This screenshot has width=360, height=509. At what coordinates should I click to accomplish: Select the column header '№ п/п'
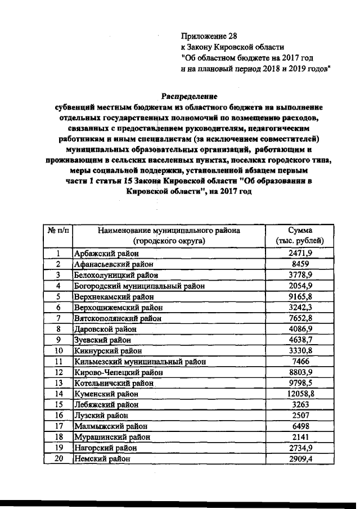[58, 231]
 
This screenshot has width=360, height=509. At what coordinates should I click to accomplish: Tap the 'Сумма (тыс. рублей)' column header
[300, 236]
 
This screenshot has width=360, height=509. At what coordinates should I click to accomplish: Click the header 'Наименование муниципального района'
[169, 231]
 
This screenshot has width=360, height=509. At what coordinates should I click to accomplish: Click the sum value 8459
[300, 265]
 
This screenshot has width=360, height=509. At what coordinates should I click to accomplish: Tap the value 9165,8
[300, 296]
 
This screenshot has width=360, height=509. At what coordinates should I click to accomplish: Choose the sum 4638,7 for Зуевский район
[300, 340]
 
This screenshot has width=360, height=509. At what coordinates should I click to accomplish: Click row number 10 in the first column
[58, 350]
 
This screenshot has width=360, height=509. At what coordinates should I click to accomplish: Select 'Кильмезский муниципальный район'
[139, 361]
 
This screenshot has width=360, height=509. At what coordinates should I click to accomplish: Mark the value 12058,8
[300, 393]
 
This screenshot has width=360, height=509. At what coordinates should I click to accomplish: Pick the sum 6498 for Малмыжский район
[300, 426]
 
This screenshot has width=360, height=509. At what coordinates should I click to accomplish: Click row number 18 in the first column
[58, 436]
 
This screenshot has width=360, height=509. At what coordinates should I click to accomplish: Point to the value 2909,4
[300, 458]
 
